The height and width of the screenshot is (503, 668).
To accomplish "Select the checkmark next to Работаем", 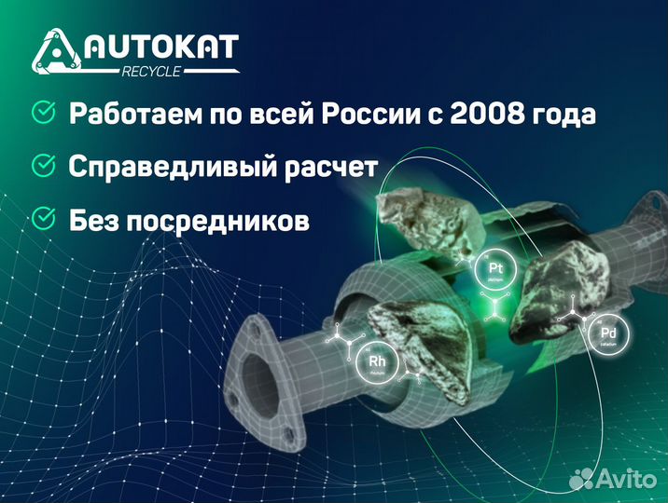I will click(43, 114).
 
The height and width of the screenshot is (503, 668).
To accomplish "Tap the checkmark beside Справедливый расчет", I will click(43, 166).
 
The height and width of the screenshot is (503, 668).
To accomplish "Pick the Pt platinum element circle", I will click(495, 271).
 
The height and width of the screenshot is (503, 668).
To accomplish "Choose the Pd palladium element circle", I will click(608, 333).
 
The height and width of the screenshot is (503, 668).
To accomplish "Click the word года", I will click(565, 116).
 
